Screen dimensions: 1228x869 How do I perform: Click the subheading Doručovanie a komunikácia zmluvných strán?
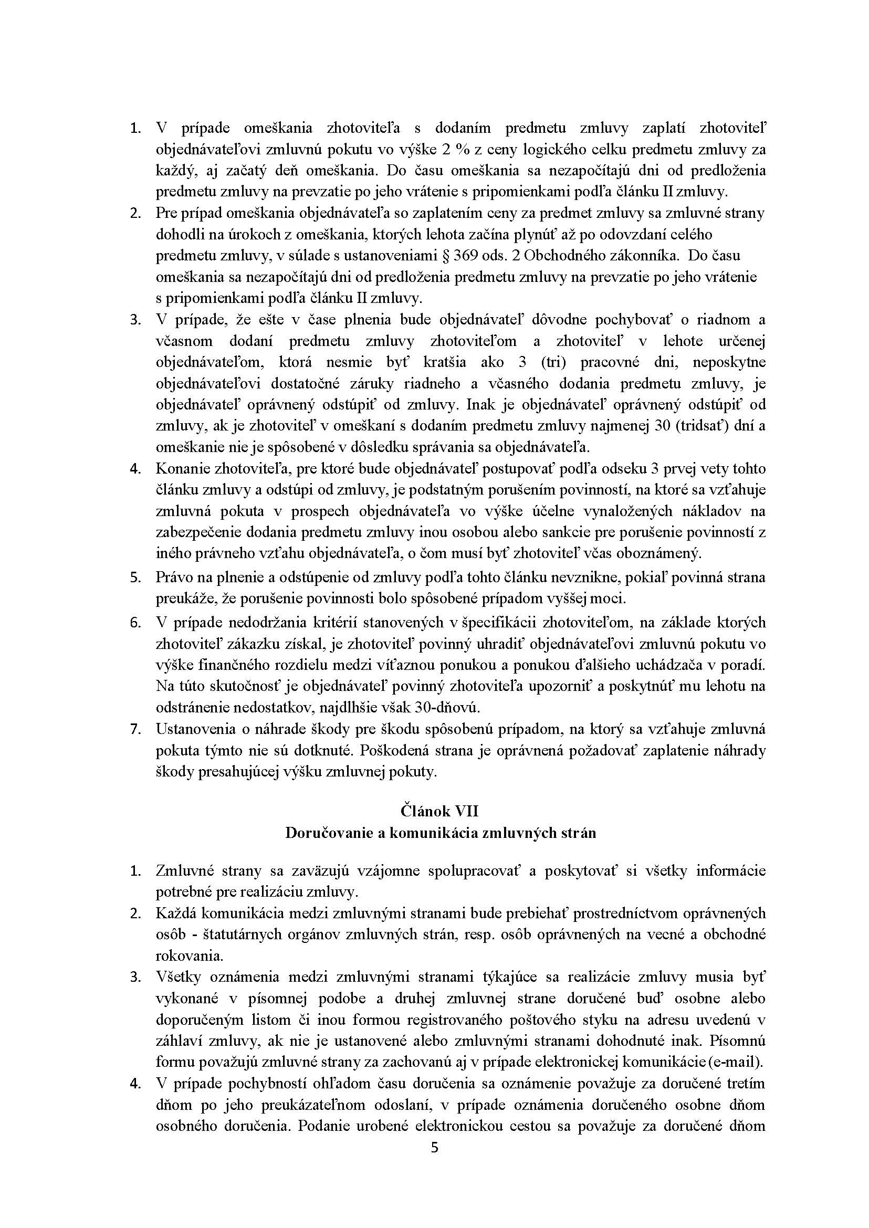point(440,833)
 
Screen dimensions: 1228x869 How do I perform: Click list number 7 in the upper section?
point(135,729)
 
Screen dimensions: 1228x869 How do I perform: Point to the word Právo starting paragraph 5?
point(172,578)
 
